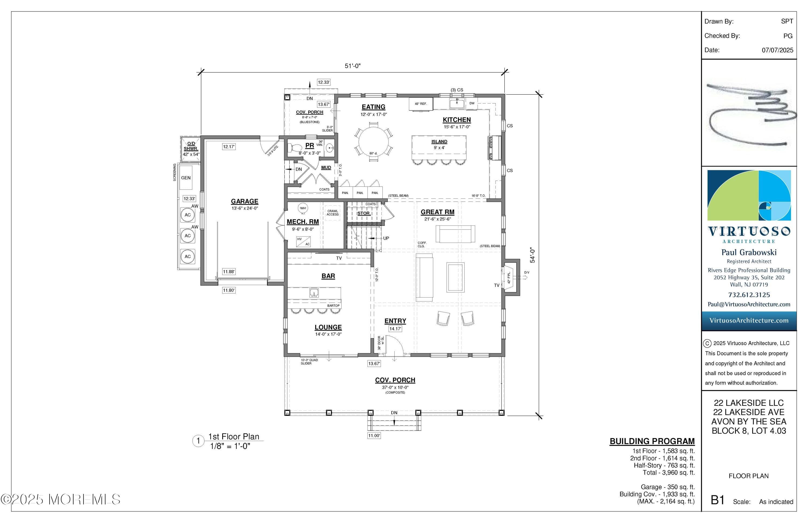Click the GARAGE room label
point(245,201)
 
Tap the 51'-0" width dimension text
point(352,66)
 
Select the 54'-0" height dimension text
point(532,255)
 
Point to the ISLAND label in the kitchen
point(439,142)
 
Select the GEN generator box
point(186,178)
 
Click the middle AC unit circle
point(188,236)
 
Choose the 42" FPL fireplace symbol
point(509,277)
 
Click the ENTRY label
point(395,321)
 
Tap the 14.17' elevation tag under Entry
point(395,329)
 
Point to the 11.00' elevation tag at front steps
point(374,436)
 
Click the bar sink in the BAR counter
point(314,292)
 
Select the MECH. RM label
point(302,222)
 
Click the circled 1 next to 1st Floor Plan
point(198,441)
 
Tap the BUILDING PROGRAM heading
point(652,441)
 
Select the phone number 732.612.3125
point(749,295)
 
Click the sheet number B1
point(718,500)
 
